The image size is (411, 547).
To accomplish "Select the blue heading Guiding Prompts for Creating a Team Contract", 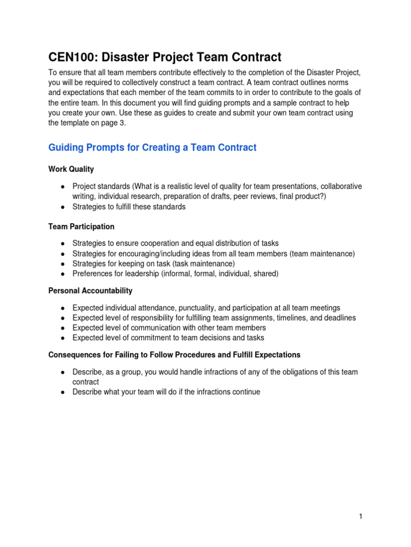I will [x=153, y=147].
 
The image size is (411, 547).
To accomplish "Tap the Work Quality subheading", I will [x=71, y=169].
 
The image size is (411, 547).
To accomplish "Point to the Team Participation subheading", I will [x=81, y=227].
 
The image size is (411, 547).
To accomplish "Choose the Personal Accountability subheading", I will [x=90, y=291].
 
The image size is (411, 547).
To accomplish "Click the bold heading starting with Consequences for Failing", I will [x=174, y=355].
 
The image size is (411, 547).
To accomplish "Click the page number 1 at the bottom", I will [x=361, y=516].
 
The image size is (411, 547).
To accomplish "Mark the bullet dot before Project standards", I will [x=63, y=186].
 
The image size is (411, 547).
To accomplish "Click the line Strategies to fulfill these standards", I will [x=129, y=207].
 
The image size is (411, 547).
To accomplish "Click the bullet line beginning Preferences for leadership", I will [x=176, y=274].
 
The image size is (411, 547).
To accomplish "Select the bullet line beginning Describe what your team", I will [x=166, y=392].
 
